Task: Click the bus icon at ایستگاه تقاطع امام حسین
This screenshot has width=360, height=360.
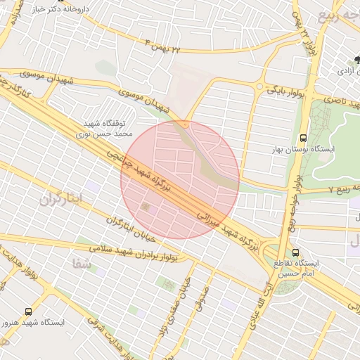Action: pyautogui.click(x=295, y=252)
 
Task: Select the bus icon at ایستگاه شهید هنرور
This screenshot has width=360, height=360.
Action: pyautogui.click(x=28, y=311)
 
